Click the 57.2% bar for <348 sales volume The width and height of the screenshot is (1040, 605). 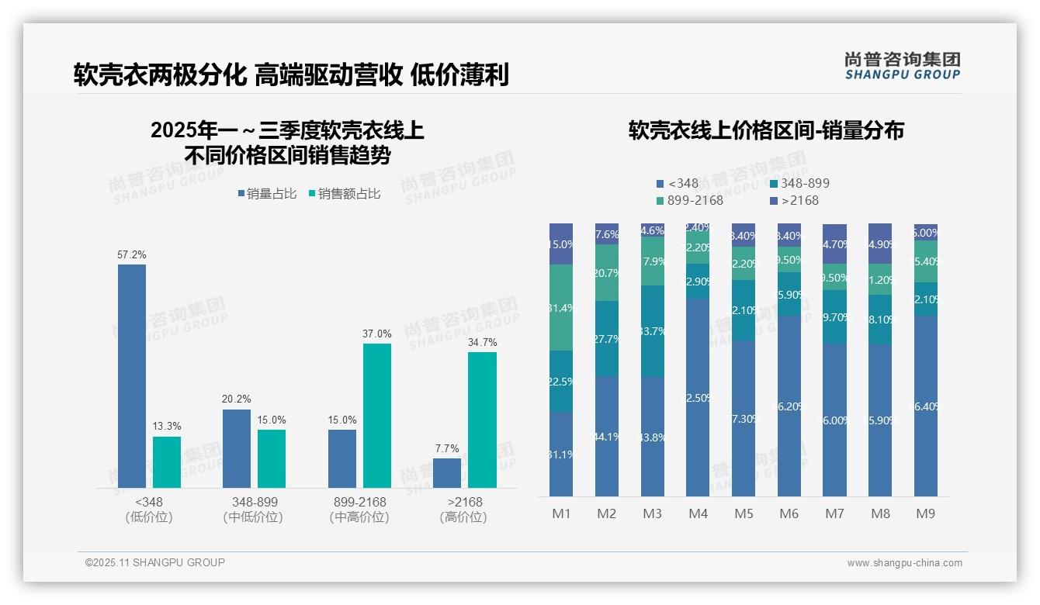(x=132, y=376)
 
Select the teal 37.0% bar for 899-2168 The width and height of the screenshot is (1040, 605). (x=377, y=416)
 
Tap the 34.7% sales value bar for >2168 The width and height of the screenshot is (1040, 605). (x=482, y=420)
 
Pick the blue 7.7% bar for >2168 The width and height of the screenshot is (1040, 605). (x=447, y=473)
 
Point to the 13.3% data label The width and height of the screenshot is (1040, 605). (x=166, y=427)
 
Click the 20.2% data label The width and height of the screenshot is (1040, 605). (x=237, y=399)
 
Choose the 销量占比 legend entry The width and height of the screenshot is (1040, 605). (x=267, y=194)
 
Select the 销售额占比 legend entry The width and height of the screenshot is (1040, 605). (x=344, y=194)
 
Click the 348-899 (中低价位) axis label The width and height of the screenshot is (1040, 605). (x=254, y=510)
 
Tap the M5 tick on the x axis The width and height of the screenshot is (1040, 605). (x=744, y=513)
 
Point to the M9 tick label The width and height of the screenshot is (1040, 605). (x=925, y=513)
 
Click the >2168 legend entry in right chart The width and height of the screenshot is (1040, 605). (x=795, y=201)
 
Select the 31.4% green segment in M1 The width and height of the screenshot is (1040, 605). (x=561, y=307)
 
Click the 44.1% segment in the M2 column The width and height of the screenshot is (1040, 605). (x=607, y=436)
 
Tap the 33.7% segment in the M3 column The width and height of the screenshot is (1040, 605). (x=653, y=331)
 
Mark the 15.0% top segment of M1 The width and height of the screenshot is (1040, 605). (x=561, y=244)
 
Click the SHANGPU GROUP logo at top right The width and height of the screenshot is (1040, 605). (x=902, y=66)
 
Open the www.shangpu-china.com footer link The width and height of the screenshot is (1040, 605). (x=904, y=563)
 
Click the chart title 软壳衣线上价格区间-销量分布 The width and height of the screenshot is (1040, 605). (x=765, y=130)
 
